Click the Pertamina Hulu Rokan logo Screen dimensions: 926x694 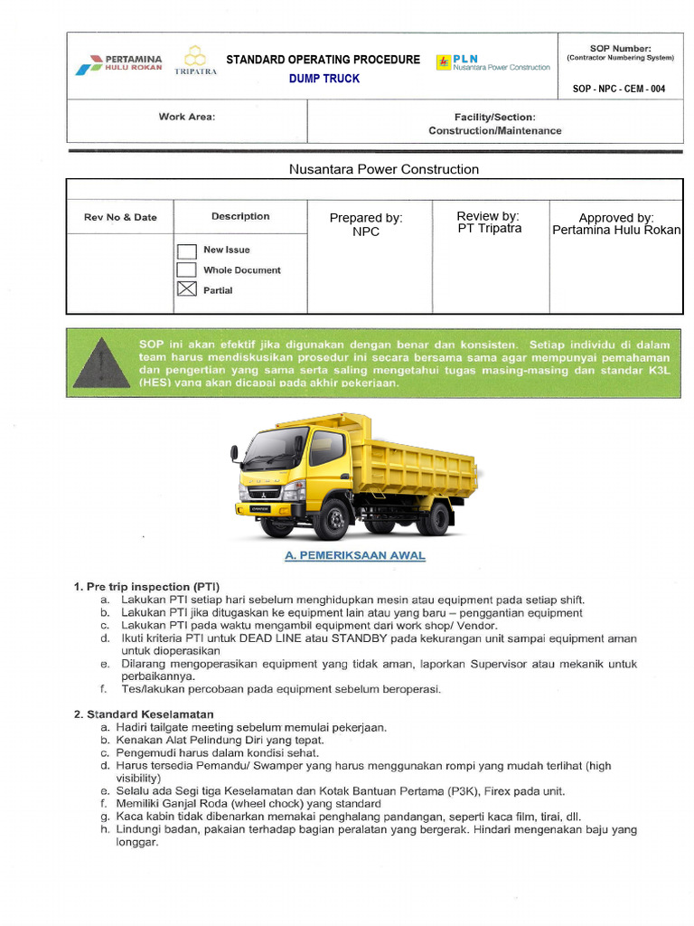click(x=119, y=63)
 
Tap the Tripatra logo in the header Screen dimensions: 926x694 click(x=195, y=61)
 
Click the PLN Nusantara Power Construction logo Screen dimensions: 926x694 click(x=493, y=62)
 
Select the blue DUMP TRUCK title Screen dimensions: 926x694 click(x=324, y=79)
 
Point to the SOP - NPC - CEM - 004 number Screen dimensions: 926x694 click(x=619, y=89)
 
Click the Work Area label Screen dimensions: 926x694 click(x=187, y=117)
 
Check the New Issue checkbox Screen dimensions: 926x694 click(x=186, y=250)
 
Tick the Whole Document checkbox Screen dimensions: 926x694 click(x=186, y=270)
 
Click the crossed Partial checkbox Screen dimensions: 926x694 click(x=186, y=290)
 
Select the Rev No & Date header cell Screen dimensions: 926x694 click(x=120, y=217)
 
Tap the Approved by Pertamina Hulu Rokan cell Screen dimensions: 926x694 click(x=616, y=223)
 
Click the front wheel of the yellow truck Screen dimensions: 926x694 click(x=332, y=520)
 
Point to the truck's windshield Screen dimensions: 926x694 click(x=276, y=449)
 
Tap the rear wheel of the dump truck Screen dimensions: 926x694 click(x=436, y=518)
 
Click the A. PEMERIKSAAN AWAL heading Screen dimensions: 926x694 click(x=354, y=556)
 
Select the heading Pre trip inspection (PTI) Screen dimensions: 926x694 click(x=146, y=587)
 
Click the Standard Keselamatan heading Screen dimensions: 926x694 click(x=143, y=714)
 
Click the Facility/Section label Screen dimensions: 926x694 click(x=494, y=117)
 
